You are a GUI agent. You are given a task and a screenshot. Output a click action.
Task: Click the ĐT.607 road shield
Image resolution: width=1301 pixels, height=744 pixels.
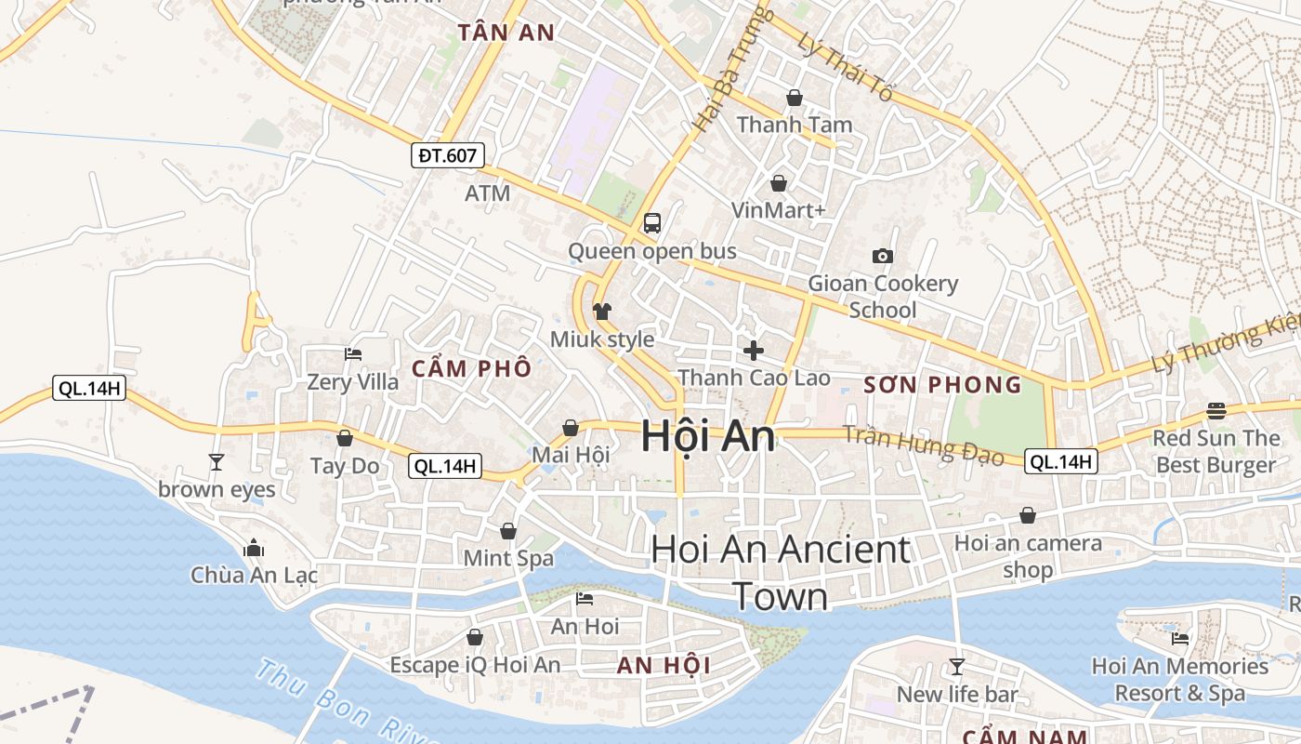[x=447, y=155]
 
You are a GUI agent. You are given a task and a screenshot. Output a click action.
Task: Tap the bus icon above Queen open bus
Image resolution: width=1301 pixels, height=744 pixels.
[x=652, y=223]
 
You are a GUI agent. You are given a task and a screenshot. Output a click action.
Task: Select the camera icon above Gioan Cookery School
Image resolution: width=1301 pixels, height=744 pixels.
[x=882, y=256]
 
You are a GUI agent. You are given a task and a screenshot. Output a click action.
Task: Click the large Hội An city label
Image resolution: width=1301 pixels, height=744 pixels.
[x=708, y=436]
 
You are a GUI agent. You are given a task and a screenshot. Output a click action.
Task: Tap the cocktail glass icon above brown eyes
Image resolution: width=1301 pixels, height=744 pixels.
[x=217, y=461]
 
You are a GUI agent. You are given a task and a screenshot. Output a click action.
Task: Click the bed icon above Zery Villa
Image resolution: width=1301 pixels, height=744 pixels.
[x=353, y=353]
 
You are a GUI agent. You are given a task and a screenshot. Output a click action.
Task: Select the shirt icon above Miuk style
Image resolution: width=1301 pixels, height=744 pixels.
[x=602, y=312]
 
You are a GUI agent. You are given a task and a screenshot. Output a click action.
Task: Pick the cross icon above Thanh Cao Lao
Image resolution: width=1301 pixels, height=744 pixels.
[x=754, y=351]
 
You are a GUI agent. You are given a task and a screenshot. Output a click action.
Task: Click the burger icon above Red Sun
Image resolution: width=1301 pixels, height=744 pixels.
[x=1216, y=410]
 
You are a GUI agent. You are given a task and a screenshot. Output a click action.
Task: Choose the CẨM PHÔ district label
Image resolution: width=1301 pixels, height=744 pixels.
[x=471, y=368]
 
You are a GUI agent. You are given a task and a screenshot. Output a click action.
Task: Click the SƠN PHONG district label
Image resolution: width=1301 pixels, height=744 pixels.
[x=942, y=385]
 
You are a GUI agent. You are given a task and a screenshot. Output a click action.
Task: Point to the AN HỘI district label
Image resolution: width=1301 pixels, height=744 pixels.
[x=664, y=665]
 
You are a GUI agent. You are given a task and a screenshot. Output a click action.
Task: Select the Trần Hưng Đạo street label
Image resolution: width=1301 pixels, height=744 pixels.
[x=923, y=445]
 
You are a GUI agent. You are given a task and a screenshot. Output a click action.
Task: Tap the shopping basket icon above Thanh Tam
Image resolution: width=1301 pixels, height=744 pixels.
[x=795, y=97]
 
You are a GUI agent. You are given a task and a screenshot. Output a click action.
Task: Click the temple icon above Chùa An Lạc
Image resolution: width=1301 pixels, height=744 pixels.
[x=254, y=549]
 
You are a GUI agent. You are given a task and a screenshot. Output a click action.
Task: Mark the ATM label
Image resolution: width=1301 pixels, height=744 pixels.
[x=488, y=193]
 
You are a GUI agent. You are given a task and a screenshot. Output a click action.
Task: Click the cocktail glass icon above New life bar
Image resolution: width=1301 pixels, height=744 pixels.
[x=956, y=666]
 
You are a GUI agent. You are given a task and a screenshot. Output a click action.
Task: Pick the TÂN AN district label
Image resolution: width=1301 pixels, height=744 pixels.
[x=506, y=33]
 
